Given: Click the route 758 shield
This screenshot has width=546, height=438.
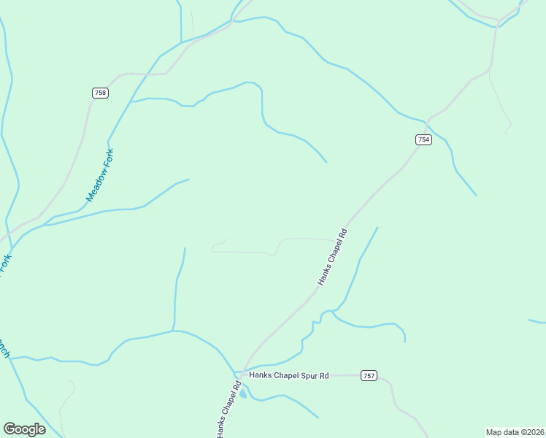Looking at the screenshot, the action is click(x=100, y=93).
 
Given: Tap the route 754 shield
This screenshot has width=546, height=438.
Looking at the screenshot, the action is click(x=423, y=139).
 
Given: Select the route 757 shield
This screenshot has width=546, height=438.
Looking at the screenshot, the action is click(x=369, y=375).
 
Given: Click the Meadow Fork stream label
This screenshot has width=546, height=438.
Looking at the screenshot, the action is click(x=101, y=175).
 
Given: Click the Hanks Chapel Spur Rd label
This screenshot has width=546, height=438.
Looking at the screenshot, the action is click(x=289, y=375).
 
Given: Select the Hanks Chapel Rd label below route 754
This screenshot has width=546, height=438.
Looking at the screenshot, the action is click(x=332, y=257).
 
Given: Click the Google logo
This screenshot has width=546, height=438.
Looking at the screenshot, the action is click(x=24, y=429).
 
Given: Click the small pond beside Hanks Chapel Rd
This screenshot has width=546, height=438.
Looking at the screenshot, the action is click(x=243, y=393).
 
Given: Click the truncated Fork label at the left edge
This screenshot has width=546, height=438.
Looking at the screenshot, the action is click(x=6, y=265).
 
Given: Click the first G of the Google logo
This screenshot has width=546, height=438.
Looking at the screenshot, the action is click(x=9, y=429).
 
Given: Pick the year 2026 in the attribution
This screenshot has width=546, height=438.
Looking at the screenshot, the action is click(x=535, y=432).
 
